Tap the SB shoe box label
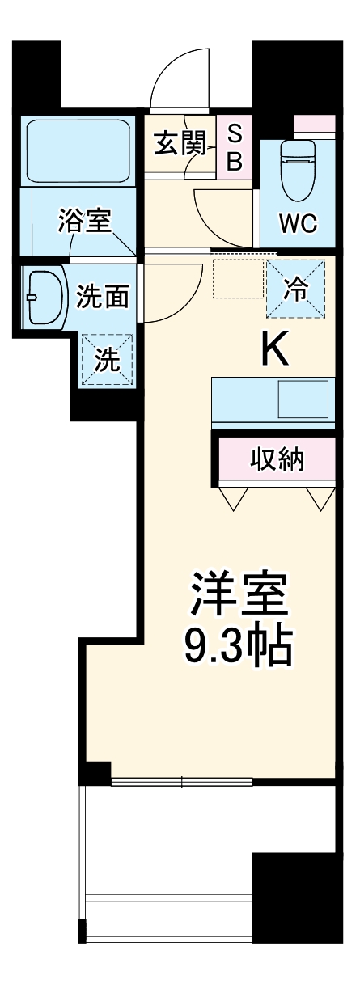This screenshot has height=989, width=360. click(x=234, y=147)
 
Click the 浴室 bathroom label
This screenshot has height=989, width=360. click(x=84, y=220)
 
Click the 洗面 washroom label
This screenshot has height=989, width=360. click(x=103, y=297)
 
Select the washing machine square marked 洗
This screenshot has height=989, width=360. click(x=106, y=360)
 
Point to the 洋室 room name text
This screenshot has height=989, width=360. click(x=239, y=597)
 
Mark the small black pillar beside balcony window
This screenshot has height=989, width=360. click(x=98, y=772)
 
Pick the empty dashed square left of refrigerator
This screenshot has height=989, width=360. click(x=234, y=280)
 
